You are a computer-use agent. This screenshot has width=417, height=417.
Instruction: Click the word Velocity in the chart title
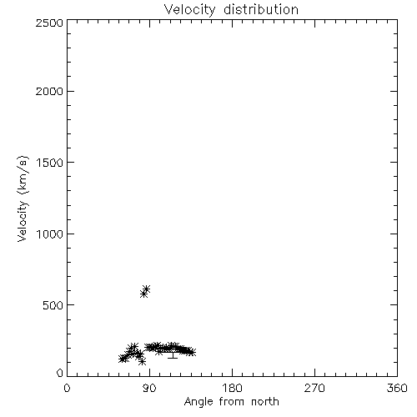[189, 10]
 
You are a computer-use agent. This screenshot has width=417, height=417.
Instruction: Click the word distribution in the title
[261, 9]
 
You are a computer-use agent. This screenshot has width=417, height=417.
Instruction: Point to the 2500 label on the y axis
[49, 23]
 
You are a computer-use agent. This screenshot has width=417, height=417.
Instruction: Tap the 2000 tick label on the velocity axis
[49, 91]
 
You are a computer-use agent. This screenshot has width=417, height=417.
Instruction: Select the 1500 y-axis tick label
[50, 163]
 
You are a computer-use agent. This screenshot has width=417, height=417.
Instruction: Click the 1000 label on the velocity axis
[50, 234]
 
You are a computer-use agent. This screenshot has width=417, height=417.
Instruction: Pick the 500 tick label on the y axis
[53, 305]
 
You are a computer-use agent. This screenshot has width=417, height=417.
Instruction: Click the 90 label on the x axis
[149, 388]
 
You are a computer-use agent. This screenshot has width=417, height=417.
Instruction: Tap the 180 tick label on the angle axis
[232, 388]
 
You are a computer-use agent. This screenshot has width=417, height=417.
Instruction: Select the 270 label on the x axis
[314, 388]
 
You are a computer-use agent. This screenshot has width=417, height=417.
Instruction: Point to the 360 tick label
[397, 388]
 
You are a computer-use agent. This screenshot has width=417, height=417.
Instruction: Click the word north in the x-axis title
[265, 402]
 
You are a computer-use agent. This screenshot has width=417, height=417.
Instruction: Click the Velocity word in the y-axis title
[22, 221]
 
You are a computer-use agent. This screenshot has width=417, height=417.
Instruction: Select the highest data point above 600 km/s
[146, 289]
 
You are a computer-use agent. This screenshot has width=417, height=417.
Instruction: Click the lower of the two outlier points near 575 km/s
[143, 294]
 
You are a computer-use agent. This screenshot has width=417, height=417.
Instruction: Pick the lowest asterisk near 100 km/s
[142, 361]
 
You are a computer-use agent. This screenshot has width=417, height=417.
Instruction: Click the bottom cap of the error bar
[173, 358]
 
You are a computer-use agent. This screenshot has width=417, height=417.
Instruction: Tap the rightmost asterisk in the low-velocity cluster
[192, 352]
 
